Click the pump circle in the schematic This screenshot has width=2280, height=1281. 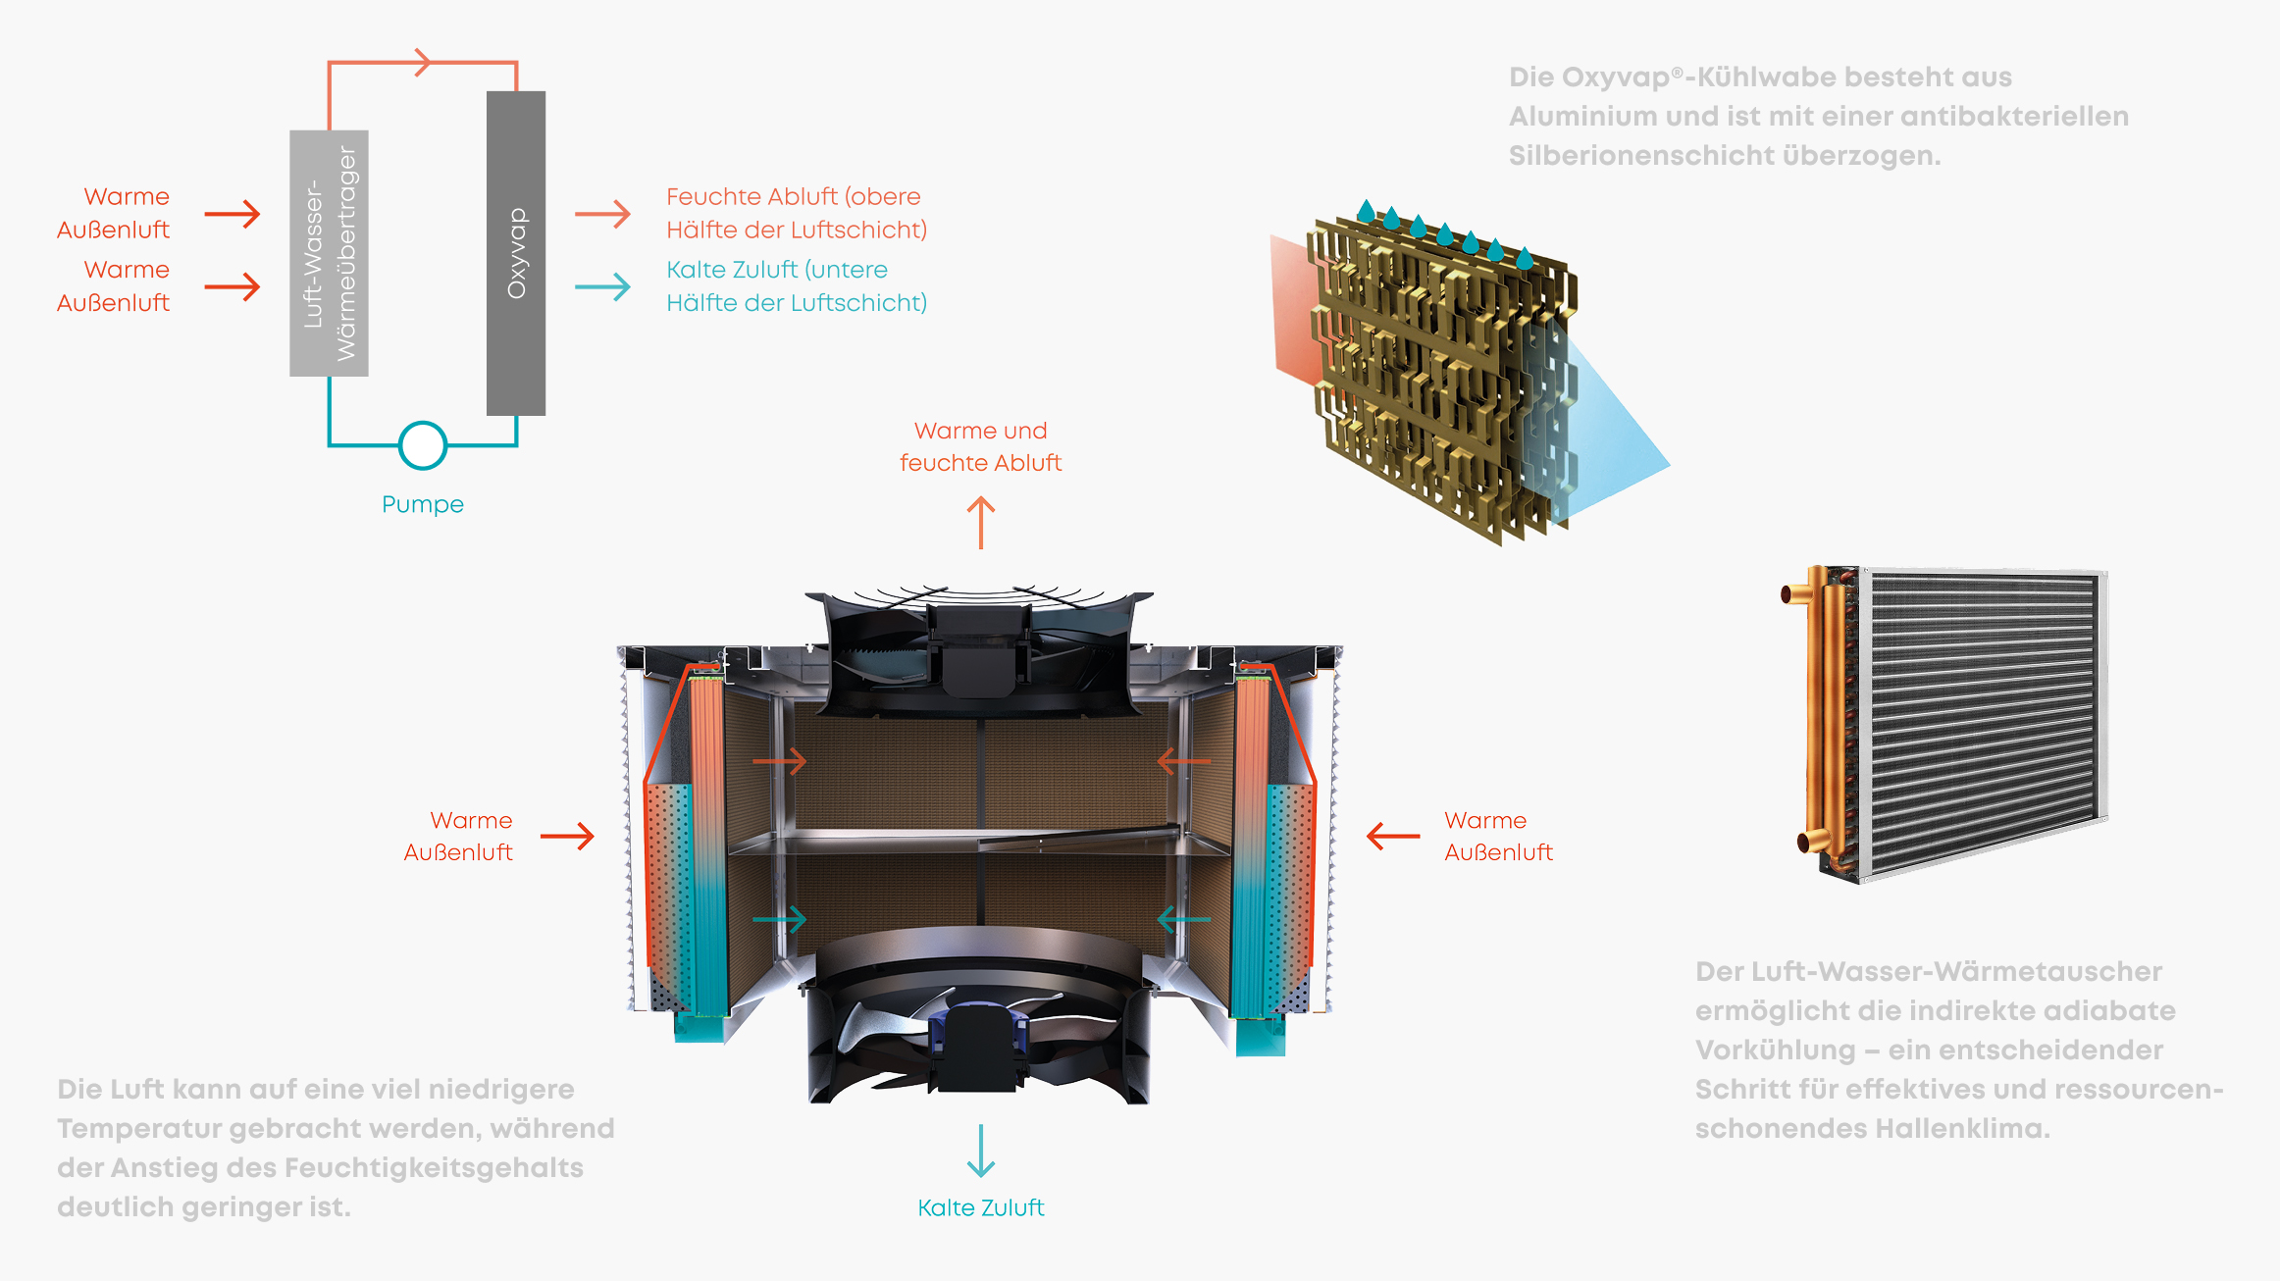(x=423, y=445)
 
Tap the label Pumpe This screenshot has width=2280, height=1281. (x=423, y=504)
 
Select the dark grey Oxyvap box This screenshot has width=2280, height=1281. (x=516, y=253)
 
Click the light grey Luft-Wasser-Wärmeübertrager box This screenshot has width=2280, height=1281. (x=329, y=253)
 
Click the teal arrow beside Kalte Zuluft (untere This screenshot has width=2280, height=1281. (x=602, y=286)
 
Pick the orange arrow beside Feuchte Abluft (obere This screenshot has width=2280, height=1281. (x=602, y=213)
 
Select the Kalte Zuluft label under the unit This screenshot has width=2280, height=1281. (x=981, y=1207)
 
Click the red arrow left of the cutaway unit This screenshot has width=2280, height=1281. (x=568, y=836)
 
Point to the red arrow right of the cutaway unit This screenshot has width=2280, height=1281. (x=1393, y=836)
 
